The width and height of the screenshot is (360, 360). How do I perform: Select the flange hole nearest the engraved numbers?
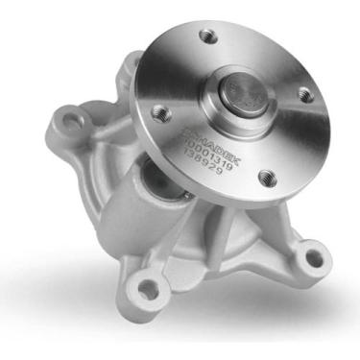(x=265, y=177)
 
